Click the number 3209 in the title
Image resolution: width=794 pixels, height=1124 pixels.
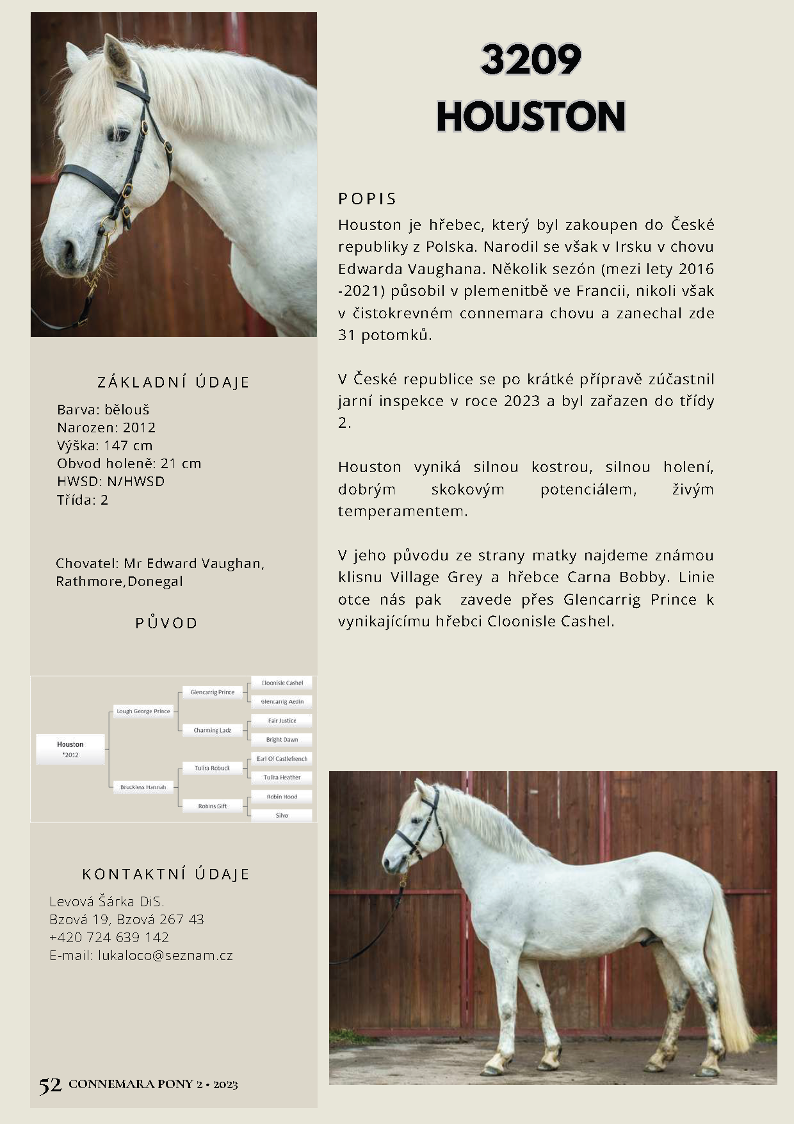pyautogui.click(x=531, y=60)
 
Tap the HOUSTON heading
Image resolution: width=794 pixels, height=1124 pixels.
pyautogui.click(x=531, y=117)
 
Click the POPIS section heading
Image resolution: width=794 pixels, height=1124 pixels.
pyautogui.click(x=368, y=199)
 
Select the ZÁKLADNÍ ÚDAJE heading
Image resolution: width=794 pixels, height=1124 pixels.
pyautogui.click(x=174, y=382)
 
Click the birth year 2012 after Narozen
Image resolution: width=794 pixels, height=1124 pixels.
pyautogui.click(x=139, y=428)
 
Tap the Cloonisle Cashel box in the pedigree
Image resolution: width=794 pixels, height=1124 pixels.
pyautogui.click(x=282, y=683)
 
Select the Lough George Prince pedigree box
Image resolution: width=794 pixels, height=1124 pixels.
pyautogui.click(x=143, y=711)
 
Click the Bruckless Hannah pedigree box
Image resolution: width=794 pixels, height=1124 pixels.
pyautogui.click(x=143, y=787)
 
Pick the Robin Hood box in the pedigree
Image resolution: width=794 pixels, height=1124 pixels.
pyautogui.click(x=282, y=797)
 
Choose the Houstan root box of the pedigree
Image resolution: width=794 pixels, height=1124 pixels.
pyautogui.click(x=70, y=749)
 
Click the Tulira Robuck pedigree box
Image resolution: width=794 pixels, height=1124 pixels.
pyautogui.click(x=212, y=768)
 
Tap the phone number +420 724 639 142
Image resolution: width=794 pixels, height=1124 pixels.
pyautogui.click(x=109, y=938)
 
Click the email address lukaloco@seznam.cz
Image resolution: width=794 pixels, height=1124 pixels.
pyautogui.click(x=165, y=956)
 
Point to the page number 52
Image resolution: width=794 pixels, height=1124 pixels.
pyautogui.click(x=50, y=1085)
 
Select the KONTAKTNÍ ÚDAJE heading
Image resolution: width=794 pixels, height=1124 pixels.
pyautogui.click(x=166, y=874)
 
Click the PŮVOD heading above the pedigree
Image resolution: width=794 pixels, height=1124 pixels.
pyautogui.click(x=166, y=623)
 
